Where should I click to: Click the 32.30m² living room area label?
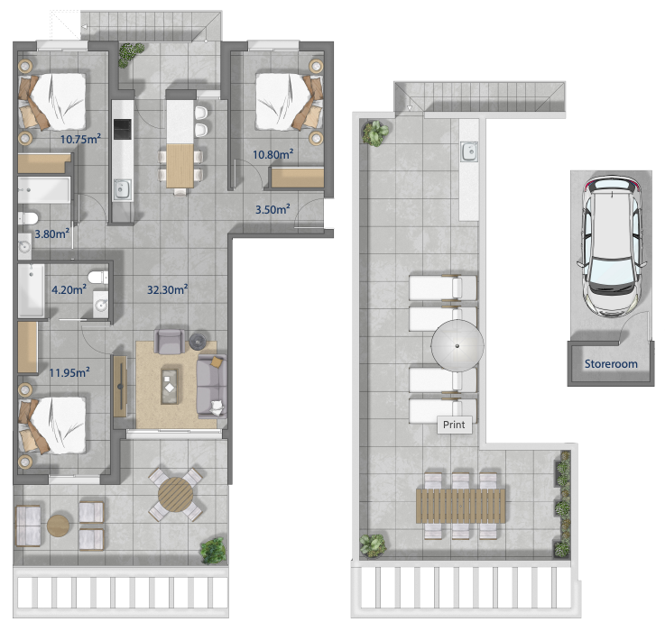(x=168, y=290)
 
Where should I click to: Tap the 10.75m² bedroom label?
(x=80, y=139)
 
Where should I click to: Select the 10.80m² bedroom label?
(x=273, y=154)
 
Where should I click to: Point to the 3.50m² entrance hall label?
(x=272, y=209)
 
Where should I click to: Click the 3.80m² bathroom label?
(x=51, y=233)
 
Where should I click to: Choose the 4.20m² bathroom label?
(x=69, y=290)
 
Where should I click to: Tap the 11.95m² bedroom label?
(x=69, y=373)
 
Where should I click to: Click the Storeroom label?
(x=611, y=364)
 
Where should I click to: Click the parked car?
(x=611, y=247)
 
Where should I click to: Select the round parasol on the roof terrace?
(x=457, y=346)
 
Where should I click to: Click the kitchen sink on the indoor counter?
(x=122, y=189)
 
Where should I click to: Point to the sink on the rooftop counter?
(x=469, y=151)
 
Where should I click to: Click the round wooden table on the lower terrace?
(x=176, y=495)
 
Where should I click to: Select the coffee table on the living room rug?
(x=170, y=387)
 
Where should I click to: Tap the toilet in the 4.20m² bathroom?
(x=98, y=278)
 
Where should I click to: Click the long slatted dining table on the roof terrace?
(x=461, y=506)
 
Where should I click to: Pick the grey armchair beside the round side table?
(x=170, y=342)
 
